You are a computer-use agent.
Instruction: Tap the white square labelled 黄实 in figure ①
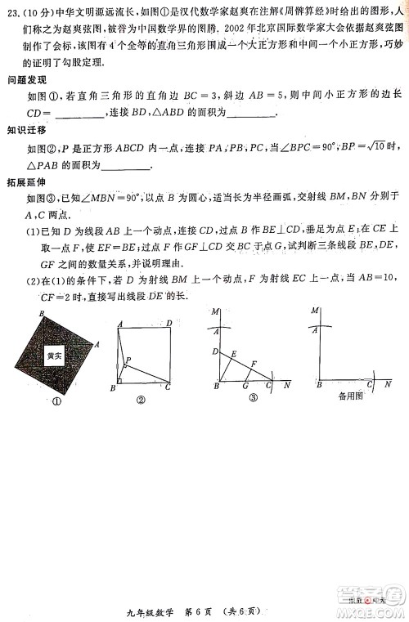coord(54,356)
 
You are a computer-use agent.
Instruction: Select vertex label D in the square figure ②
coord(169,323)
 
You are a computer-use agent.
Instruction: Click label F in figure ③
coord(254,363)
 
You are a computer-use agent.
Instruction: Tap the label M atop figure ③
coord(214,312)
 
